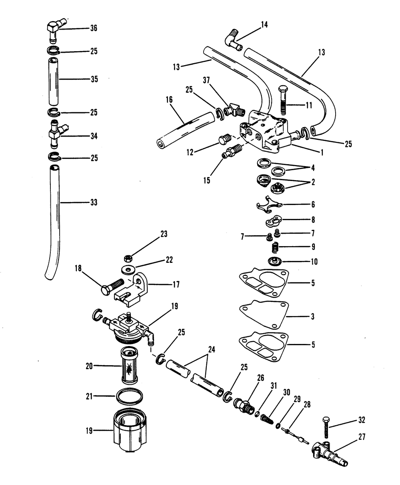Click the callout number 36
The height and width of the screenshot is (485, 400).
tap(94, 28)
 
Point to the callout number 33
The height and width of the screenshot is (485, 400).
tap(94, 203)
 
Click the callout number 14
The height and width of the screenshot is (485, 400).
tap(264, 25)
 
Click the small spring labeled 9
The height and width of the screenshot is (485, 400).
tap(274, 248)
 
